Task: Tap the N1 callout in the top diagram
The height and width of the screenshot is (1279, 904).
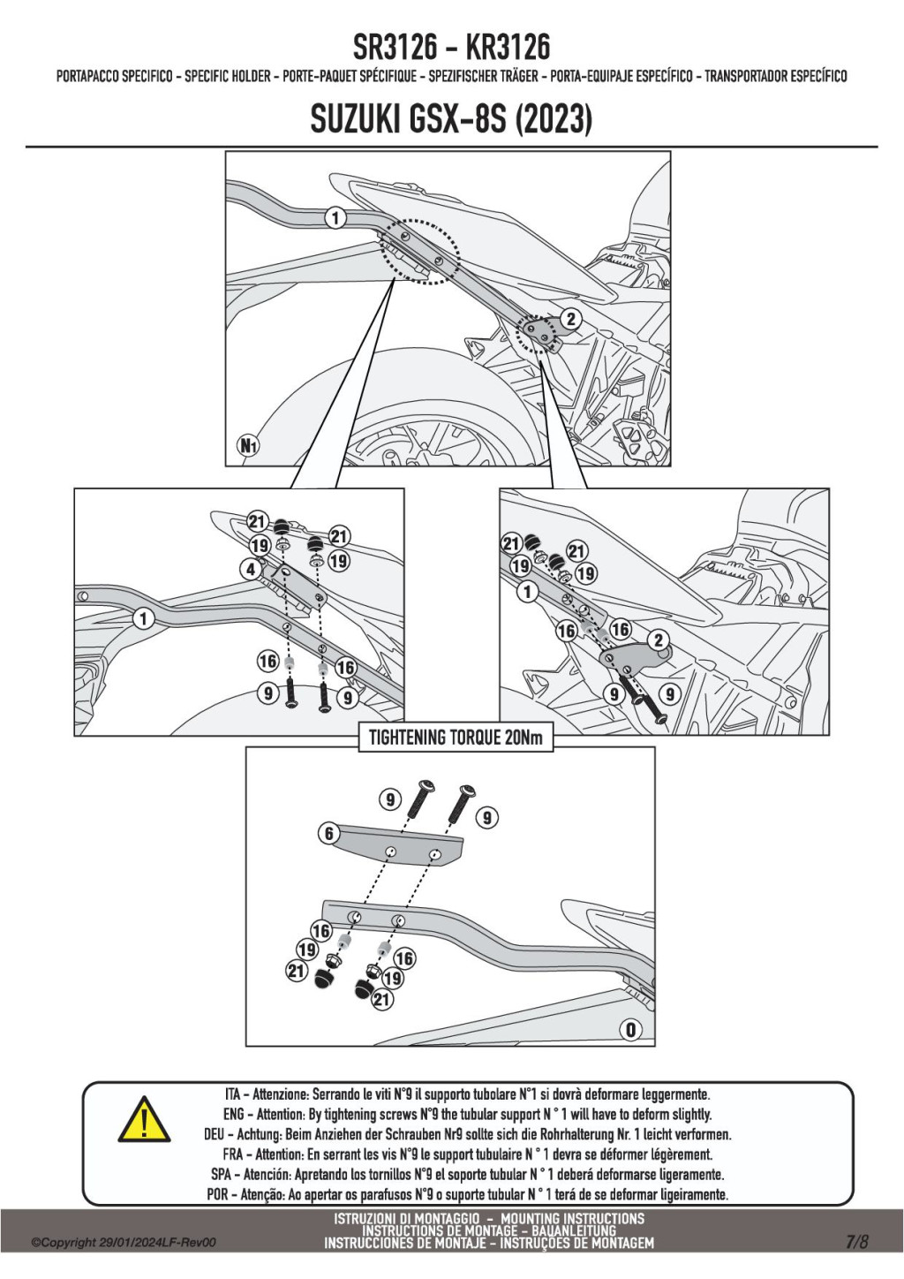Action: (x=248, y=445)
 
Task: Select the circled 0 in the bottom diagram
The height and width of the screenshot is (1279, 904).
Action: (x=631, y=1030)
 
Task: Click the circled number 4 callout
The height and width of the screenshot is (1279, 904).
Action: (x=251, y=569)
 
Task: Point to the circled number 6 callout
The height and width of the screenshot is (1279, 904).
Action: (x=328, y=833)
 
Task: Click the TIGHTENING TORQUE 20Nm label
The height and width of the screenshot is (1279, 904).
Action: (x=456, y=738)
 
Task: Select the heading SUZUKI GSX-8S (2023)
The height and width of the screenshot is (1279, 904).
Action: (x=451, y=119)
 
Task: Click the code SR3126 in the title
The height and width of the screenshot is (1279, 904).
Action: (x=395, y=48)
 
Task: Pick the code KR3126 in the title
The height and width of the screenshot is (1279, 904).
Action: (x=508, y=48)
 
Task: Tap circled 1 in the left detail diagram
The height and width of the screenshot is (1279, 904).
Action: (x=143, y=619)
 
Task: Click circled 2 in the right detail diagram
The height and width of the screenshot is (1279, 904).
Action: (x=659, y=640)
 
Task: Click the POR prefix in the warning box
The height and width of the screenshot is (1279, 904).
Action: (x=218, y=1194)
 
